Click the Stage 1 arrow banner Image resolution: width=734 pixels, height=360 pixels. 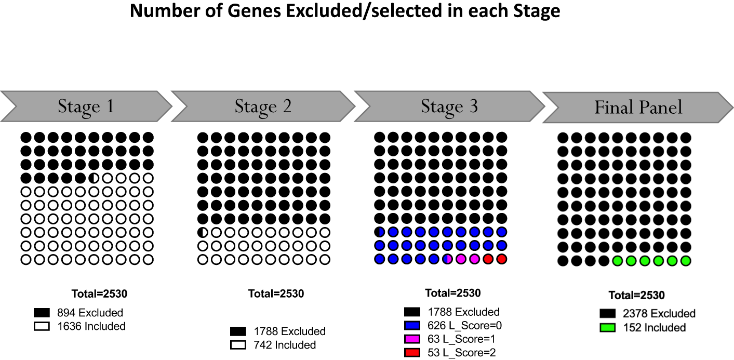pos(86,106)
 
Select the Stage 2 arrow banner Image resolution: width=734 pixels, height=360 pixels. pos(262,106)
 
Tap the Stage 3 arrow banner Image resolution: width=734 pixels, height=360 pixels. pos(449,106)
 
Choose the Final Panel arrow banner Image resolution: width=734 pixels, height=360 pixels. pos(638,108)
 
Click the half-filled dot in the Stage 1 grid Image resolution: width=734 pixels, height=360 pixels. pos(94,178)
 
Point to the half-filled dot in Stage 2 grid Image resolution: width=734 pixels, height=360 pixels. pos(203,232)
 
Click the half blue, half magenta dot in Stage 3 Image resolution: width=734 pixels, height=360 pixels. pos(447,259)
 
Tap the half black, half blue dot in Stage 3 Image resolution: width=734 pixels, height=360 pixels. pos(380,232)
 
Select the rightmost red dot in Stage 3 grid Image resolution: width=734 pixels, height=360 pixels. pos(501,259)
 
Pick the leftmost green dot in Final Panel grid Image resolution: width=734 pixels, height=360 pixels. pos(618,261)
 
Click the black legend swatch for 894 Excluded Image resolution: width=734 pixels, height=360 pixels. pos(42,313)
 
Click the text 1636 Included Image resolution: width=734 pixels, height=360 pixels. pos(91,326)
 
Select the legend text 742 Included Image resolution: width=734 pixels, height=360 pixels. pos(285,345)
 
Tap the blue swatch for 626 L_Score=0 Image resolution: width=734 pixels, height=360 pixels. pos(412,326)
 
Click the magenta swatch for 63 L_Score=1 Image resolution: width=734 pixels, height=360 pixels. pos(412,339)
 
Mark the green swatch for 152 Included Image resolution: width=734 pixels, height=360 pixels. pos(607,328)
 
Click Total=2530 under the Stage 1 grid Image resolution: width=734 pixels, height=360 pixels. pos(99,294)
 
